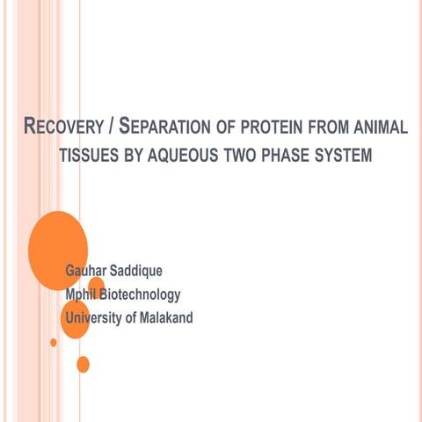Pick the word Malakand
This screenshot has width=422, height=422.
164,317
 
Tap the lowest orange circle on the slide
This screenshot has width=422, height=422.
83,363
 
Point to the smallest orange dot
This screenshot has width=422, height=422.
54,342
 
